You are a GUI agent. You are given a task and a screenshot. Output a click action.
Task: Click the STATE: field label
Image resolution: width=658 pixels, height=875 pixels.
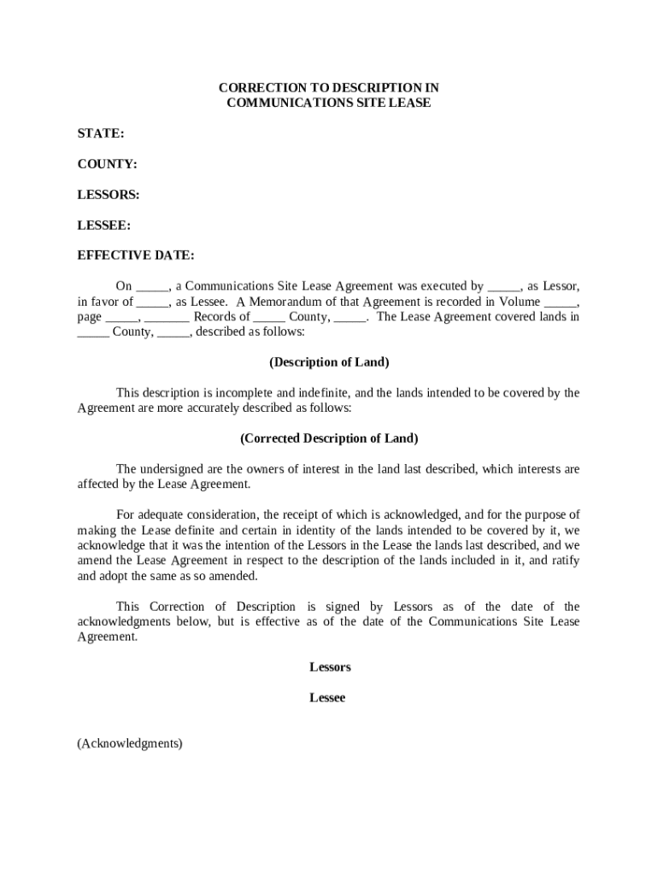[x=101, y=133]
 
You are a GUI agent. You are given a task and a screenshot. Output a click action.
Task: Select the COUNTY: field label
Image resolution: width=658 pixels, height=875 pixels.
[x=107, y=164]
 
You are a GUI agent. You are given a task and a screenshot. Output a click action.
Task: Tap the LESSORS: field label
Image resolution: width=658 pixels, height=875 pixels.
[x=109, y=195]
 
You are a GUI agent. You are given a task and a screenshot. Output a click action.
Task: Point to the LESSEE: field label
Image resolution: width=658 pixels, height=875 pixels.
[x=104, y=226]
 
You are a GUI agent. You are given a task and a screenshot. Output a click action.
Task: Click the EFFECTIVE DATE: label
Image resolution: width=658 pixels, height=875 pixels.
[x=136, y=255]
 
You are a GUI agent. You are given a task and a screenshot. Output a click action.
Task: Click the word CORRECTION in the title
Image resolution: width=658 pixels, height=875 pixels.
[x=256, y=88]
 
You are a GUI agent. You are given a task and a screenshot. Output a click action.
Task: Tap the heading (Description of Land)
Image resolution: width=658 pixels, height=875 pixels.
[x=329, y=362]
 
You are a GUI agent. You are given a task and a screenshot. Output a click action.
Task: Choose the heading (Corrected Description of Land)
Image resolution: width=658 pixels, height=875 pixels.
[x=329, y=438]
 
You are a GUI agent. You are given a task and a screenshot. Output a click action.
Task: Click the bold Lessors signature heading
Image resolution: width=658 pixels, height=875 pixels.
[x=330, y=667]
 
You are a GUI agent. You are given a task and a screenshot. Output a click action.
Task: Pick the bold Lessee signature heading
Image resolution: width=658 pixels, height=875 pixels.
[x=327, y=698]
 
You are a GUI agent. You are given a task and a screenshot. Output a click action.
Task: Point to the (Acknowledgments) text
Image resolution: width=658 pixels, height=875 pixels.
[x=130, y=743]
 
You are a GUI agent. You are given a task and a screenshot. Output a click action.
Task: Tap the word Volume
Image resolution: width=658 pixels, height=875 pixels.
[x=516, y=302]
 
